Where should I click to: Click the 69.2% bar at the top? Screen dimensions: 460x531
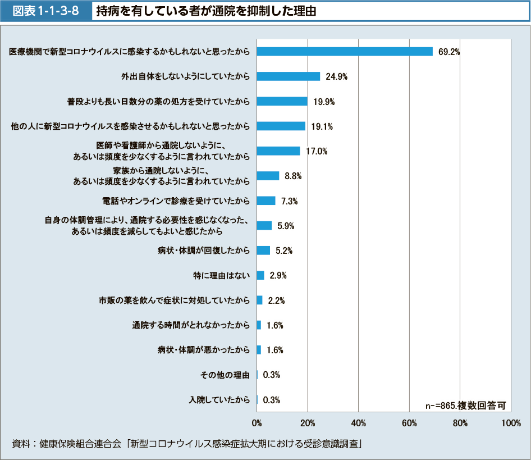(345, 52)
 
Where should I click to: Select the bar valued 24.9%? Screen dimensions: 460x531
(289, 76)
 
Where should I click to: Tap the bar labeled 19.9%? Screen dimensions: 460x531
(282, 101)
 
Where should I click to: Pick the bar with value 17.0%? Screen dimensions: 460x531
(278, 151)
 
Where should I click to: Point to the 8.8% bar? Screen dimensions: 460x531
(268, 176)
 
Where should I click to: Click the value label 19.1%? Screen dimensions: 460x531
(322, 126)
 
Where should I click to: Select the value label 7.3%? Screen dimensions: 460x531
(290, 201)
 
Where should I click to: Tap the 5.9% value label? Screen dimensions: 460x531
(286, 226)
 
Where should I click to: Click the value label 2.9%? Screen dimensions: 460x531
(278, 275)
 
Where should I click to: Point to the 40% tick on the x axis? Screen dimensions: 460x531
(358, 422)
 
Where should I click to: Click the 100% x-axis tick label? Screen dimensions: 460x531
(511, 422)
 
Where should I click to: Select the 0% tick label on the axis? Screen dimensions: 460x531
(257, 422)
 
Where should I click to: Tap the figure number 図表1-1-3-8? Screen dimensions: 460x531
(46, 11)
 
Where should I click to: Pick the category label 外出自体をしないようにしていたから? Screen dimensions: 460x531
(186, 76)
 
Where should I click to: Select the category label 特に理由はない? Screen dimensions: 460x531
(221, 275)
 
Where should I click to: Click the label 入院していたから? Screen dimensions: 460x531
(219, 400)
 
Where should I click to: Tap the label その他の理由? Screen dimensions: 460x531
(225, 375)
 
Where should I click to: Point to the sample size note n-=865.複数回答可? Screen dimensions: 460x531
(466, 405)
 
